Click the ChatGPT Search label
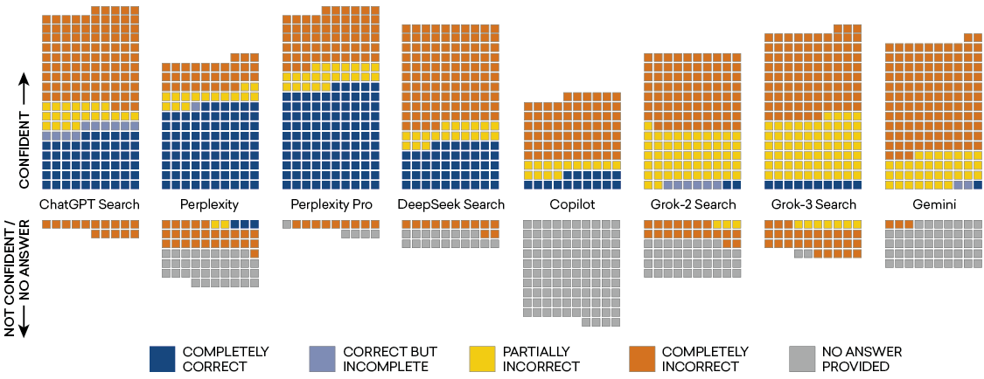90,204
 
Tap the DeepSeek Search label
450,204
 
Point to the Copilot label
572,204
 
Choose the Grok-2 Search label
692,204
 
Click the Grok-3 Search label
813,204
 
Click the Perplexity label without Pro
210,204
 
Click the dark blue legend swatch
163,359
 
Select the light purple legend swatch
321,359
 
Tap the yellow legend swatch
481,359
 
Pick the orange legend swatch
641,359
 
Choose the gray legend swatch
801,359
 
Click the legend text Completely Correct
226,359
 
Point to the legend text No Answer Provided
862,359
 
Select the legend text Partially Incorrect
541,359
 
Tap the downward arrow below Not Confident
24,324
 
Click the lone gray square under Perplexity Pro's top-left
287,224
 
